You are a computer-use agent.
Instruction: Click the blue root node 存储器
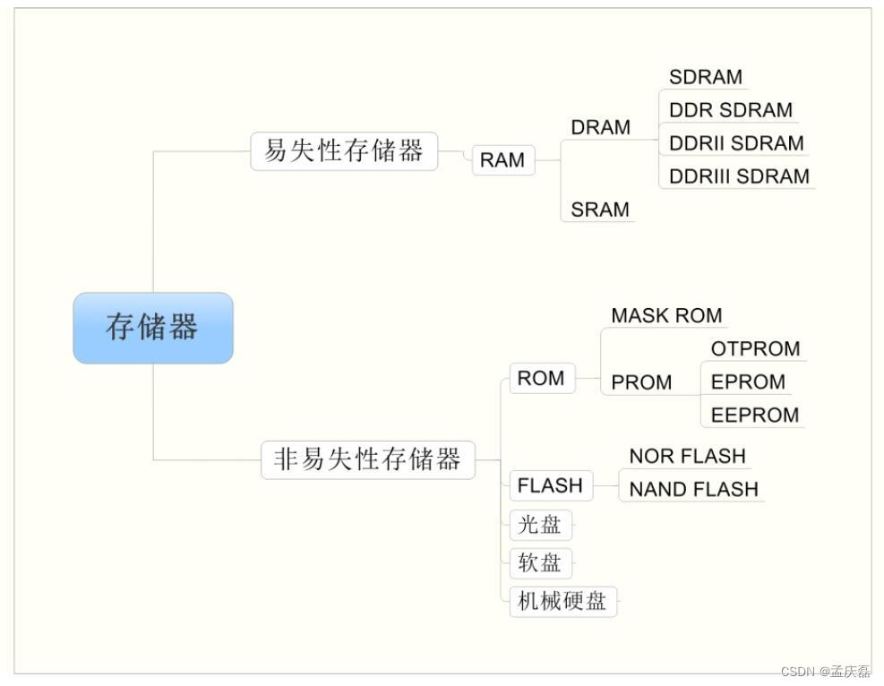tap(152, 328)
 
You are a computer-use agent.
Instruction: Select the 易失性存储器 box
tap(344, 151)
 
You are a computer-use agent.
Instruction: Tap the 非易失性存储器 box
tap(367, 460)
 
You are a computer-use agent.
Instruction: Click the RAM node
tap(502, 160)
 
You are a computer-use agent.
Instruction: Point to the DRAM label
tap(600, 128)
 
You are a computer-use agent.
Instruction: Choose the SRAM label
tap(600, 210)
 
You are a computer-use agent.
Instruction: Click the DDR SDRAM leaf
tap(730, 110)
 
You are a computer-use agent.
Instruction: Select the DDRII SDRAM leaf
tap(736, 143)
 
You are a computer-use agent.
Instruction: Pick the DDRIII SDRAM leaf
tap(739, 176)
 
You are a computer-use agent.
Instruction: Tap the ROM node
tap(541, 378)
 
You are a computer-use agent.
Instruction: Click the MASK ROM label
tap(666, 316)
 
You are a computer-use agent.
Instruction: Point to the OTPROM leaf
tap(755, 348)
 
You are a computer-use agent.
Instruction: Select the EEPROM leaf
tap(754, 415)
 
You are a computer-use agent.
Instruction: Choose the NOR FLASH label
tap(687, 456)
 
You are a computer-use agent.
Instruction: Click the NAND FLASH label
tap(693, 489)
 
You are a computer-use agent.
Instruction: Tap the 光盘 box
tap(540, 524)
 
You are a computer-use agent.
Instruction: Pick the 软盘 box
tap(540, 563)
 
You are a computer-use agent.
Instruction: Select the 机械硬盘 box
tap(562, 602)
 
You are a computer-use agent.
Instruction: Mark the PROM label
tap(641, 382)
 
